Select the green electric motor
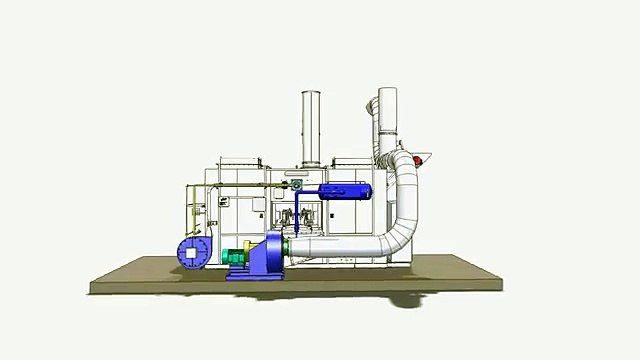click(236, 256)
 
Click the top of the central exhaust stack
click(311, 95)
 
